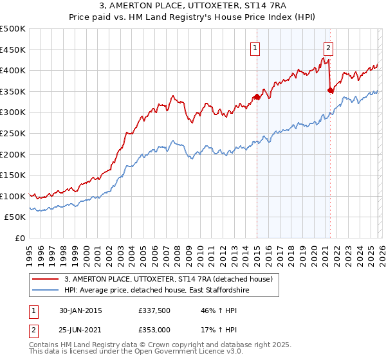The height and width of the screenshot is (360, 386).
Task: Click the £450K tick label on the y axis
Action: pos(13,50)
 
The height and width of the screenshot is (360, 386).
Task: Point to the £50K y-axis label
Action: pos(15,217)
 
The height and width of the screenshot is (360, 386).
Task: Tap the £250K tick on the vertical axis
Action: pos(13,133)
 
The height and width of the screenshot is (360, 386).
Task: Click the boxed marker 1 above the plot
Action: pos(255,47)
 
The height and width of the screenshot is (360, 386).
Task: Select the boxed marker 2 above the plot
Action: pos(328,47)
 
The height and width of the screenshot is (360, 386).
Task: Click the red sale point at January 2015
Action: pos(257,97)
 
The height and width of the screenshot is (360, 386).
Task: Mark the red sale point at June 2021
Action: pos(330,91)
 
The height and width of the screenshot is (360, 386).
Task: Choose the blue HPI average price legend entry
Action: pos(156,291)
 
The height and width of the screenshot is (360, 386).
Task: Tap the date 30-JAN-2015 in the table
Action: pos(80,310)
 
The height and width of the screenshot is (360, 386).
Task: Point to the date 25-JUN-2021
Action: pos(80,329)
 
